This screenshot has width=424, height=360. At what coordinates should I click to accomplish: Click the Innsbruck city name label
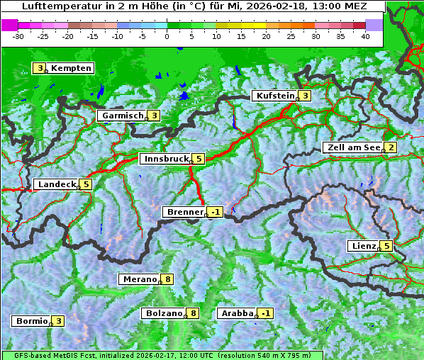(164, 159)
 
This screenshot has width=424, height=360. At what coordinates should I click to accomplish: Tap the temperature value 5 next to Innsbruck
(199, 159)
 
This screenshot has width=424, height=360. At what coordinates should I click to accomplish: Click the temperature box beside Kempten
(40, 68)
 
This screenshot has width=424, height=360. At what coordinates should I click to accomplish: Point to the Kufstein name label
(274, 96)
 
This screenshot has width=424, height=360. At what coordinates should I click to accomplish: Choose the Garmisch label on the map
(123, 116)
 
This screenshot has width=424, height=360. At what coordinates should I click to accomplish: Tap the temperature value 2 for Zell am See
(389, 147)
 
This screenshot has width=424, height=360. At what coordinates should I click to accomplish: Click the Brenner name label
(184, 212)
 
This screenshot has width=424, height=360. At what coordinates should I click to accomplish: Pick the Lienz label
(362, 246)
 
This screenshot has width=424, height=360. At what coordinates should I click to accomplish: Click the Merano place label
(138, 279)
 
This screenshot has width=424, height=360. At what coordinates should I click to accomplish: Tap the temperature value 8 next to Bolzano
(192, 313)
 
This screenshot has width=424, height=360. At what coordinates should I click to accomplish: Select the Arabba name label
(237, 313)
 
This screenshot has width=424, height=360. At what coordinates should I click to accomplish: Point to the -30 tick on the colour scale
(18, 35)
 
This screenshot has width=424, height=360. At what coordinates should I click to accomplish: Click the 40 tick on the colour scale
(365, 35)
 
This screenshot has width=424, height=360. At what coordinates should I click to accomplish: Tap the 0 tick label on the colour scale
(167, 35)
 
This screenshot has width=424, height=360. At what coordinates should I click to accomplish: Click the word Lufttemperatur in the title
(54, 6)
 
